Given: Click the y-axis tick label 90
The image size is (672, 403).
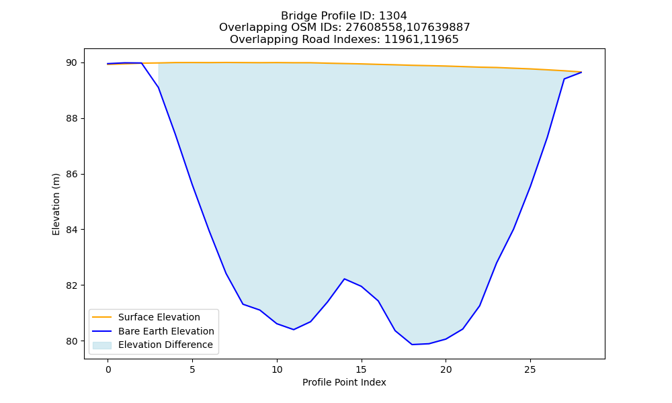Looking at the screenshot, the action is (72, 63).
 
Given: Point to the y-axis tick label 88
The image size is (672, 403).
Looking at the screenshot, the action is (72, 119).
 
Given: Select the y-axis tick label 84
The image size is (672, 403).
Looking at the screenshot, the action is (72, 230).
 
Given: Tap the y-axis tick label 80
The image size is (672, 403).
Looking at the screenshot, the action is (72, 341).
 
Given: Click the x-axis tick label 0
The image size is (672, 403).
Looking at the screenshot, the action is (108, 369).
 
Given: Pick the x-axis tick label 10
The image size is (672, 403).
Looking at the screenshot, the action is (277, 369).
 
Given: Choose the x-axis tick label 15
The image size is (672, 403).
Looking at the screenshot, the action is (362, 369).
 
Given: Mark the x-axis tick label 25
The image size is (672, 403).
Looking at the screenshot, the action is (530, 369).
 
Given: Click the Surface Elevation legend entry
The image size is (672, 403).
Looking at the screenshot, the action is (159, 317).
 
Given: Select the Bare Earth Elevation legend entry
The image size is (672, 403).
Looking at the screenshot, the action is (166, 331).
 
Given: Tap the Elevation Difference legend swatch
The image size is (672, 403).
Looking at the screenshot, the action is (102, 345).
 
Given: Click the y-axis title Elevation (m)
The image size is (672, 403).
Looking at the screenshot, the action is (56, 204).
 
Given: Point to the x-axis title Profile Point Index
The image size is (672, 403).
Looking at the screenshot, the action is (344, 382).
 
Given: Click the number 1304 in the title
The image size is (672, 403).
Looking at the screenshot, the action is (393, 16).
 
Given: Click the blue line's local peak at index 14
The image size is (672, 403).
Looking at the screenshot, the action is (345, 279).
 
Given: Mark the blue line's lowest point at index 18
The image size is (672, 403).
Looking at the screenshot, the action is (412, 345).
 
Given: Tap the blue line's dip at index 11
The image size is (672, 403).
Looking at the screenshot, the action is (294, 329).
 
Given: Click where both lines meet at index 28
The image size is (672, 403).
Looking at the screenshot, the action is (581, 72).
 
